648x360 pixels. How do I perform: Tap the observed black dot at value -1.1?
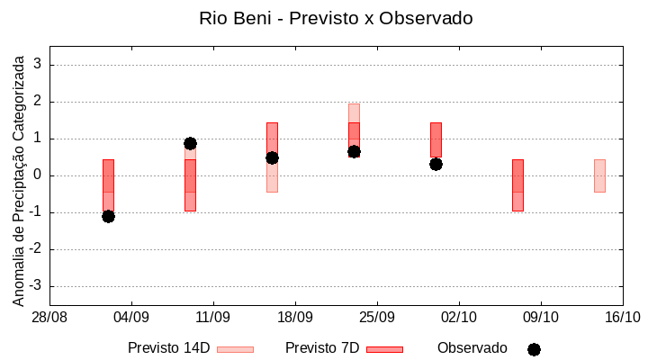(108, 216)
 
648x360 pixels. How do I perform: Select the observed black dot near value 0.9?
(190, 143)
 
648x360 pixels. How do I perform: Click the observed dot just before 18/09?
(272, 157)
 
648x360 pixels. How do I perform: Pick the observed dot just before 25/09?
(354, 152)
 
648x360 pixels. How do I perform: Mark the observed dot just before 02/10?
(436, 164)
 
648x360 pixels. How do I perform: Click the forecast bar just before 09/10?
(517, 184)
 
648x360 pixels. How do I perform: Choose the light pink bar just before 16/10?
(599, 175)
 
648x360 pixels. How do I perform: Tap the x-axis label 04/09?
(131, 317)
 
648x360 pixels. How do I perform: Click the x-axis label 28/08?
(49, 317)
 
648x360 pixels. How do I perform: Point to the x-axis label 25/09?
(377, 317)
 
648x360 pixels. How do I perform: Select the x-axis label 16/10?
(623, 317)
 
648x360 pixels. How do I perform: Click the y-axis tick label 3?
(38, 65)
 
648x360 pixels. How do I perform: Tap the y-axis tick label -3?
(35, 286)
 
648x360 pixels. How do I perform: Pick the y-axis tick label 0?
(38, 175)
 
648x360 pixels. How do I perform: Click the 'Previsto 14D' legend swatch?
(235, 348)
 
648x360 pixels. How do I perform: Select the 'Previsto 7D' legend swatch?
(384, 348)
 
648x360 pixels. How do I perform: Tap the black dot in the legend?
(534, 349)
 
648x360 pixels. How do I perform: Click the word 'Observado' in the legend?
(472, 347)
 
